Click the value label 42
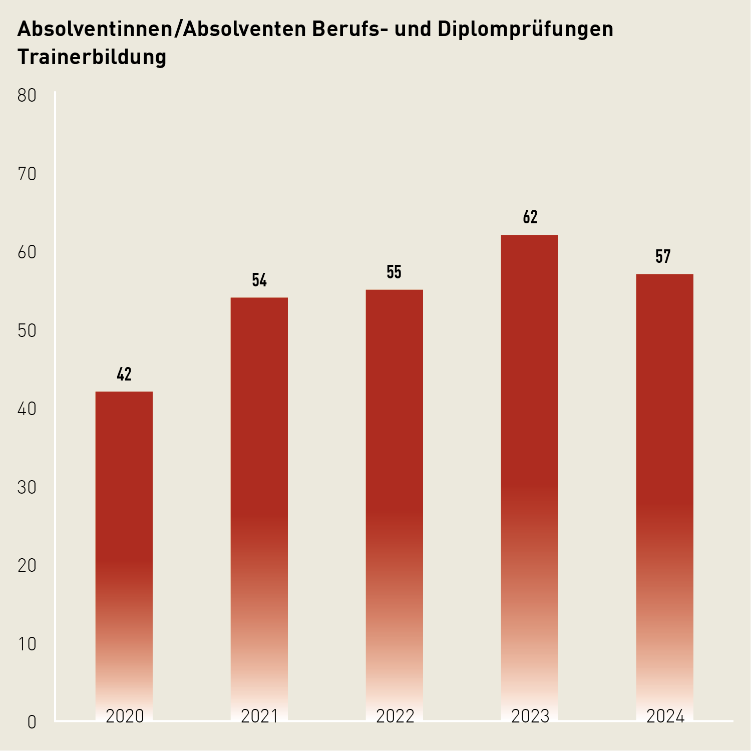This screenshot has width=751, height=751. coord(124,374)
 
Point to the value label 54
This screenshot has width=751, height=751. coord(259,280)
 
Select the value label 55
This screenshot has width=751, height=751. coord(394,272)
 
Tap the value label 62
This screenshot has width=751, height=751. coord(530,217)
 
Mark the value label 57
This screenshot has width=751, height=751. coord(663,257)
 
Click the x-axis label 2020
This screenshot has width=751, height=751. coord(125,716)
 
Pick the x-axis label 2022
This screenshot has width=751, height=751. coord(395,716)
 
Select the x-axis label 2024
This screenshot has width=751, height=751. coord(665,716)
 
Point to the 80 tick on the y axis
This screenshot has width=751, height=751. coord(27,96)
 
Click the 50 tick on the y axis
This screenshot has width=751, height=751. coord(27,331)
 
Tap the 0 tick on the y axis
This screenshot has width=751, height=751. coord(32,722)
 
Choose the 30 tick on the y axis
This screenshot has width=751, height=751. coord(27,488)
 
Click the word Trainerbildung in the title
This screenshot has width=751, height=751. coord(92,57)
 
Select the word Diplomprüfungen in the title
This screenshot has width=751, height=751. coord(525,30)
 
